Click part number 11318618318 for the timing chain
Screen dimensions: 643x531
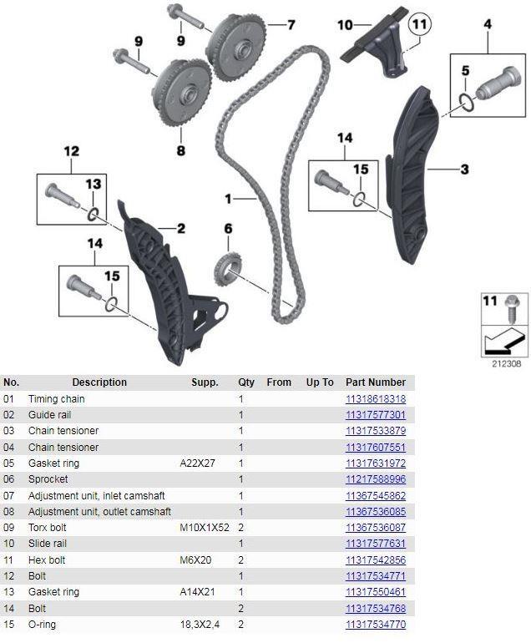[375, 399]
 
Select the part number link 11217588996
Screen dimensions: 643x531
[375, 479]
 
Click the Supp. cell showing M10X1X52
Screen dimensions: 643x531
[204, 528]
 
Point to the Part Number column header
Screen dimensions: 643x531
[375, 382]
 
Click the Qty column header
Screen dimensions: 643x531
[245, 382]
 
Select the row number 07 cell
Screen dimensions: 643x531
[10, 496]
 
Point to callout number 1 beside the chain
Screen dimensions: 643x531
[227, 199]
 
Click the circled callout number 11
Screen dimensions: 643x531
[418, 24]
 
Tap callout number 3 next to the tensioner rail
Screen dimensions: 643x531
[464, 170]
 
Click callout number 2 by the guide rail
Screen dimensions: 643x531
[180, 228]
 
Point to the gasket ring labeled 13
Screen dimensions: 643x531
[96, 216]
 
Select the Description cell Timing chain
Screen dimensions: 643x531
[56, 399]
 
